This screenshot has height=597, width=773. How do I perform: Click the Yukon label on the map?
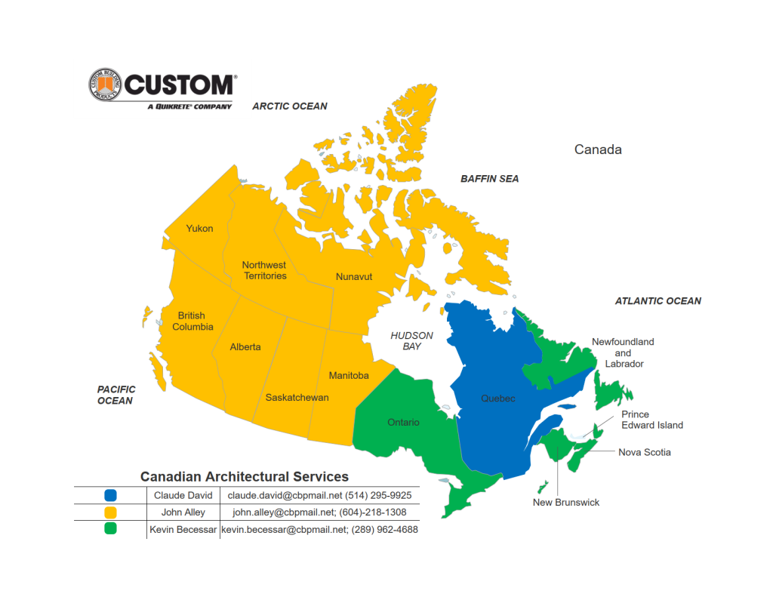point(199,229)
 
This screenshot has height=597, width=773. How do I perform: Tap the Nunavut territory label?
point(354,277)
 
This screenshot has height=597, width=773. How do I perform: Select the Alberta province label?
point(245,347)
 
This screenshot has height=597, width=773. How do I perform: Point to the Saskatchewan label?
point(297,398)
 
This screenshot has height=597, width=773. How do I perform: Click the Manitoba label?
point(349,376)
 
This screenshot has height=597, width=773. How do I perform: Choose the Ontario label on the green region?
point(403,423)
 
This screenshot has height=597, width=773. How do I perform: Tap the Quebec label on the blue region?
point(498,399)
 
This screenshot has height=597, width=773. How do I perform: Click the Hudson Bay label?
point(411,340)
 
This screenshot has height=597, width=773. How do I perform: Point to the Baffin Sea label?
point(490,179)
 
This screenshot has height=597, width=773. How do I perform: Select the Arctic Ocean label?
point(290,106)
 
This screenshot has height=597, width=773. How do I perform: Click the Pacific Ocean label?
point(115,395)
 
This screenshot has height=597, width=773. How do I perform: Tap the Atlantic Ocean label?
point(658,301)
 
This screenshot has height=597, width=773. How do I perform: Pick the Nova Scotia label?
point(644,453)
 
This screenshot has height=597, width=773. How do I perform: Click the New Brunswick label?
point(565,503)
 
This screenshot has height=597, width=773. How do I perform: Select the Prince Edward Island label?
point(651,420)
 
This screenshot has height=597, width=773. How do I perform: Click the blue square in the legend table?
point(110,496)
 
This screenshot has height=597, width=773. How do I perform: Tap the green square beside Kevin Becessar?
point(110,529)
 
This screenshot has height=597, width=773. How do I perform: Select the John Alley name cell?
point(183,512)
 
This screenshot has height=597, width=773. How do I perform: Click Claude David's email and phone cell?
point(319,496)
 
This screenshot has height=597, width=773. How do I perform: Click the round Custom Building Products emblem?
point(104,85)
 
